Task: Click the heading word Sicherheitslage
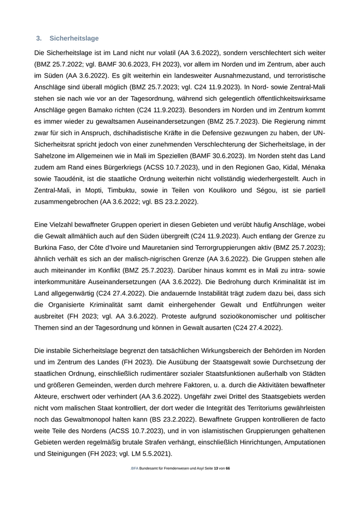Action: [74, 39]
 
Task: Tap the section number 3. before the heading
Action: [39, 39]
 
